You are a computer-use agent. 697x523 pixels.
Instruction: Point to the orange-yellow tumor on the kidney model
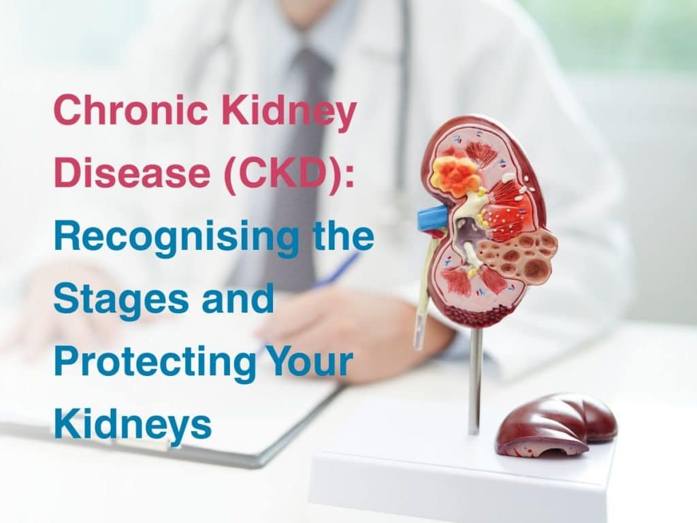pos(455,176)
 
